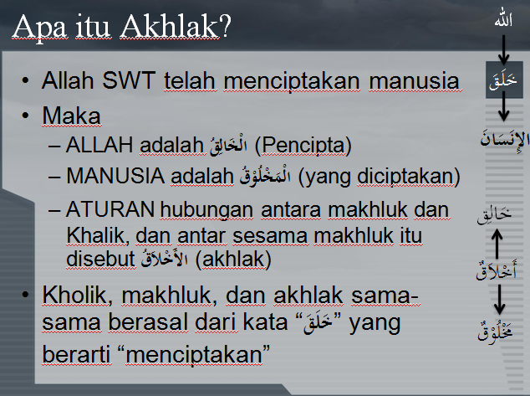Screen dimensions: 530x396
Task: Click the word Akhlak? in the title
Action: pyautogui.click(x=176, y=27)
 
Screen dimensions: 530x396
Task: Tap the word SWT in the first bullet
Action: pyautogui.click(x=129, y=81)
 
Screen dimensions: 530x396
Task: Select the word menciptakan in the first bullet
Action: pyautogui.click(x=292, y=82)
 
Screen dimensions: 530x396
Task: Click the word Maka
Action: pyautogui.click(x=71, y=116)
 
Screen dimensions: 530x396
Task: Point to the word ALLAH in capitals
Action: pyautogui.click(x=99, y=145)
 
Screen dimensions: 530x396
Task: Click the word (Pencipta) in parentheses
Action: pyautogui.click(x=303, y=147)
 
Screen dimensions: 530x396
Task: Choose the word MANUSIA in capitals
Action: pyautogui.click(x=115, y=177)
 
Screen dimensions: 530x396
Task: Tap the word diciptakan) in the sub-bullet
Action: pyautogui.click(x=409, y=177)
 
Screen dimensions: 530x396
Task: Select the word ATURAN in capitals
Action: pyautogui.click(x=110, y=209)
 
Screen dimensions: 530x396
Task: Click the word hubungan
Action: pyautogui.click(x=206, y=210)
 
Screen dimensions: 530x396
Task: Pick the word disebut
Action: pyautogui.click(x=100, y=260)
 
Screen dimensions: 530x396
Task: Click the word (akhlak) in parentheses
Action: pyautogui.click(x=233, y=260)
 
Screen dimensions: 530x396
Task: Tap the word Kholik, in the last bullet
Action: pyautogui.click(x=78, y=296)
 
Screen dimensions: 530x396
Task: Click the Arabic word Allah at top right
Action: pyautogui.click(x=503, y=20)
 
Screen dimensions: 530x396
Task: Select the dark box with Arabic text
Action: pyautogui.click(x=504, y=80)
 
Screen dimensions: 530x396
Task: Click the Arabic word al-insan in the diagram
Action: pyautogui.click(x=505, y=139)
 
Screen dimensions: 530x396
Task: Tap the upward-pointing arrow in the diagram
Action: pyautogui.click(x=497, y=244)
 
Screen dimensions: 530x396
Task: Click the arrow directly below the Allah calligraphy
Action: pyautogui.click(x=503, y=49)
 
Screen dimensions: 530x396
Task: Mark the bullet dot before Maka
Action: pyautogui.click(x=25, y=116)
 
